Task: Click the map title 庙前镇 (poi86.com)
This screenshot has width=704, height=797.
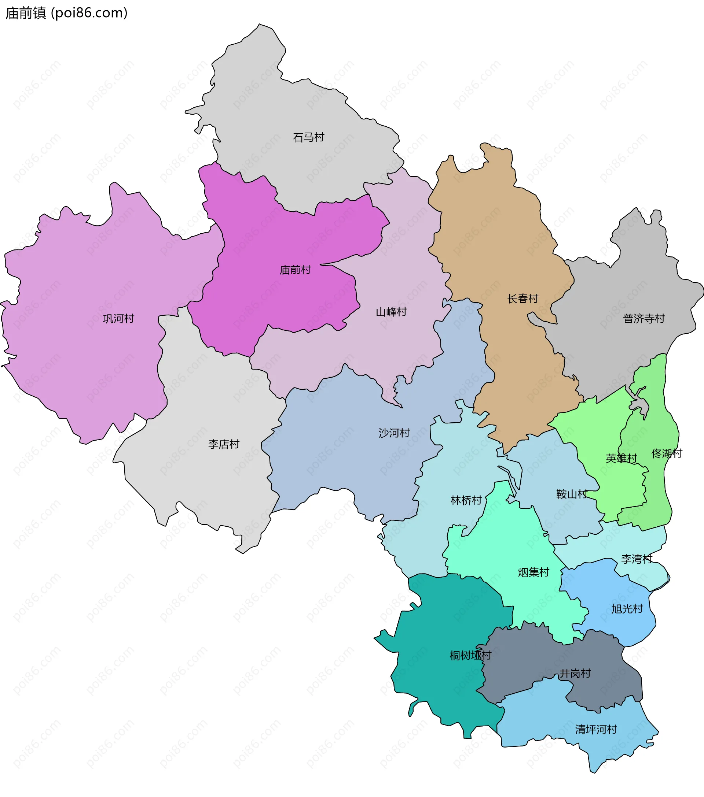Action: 66,13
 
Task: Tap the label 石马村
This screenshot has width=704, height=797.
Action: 308,137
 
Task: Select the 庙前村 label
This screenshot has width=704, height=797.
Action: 295,270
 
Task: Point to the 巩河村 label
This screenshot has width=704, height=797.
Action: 118,319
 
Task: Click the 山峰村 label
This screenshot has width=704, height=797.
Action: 391,312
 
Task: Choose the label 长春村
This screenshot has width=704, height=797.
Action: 522,299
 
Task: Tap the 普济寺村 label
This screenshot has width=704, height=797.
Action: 643,319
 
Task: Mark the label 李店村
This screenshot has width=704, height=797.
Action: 223,444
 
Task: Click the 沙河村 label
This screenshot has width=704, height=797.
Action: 394,433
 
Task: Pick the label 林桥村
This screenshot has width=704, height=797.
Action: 466,500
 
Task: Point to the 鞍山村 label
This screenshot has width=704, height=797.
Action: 572,494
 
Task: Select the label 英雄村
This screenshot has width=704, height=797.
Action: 621,458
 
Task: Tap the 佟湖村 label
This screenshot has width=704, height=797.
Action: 667,453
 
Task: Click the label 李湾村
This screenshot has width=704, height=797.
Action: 636,559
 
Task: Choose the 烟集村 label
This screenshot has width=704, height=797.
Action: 533,572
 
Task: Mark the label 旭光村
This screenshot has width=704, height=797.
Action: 627,609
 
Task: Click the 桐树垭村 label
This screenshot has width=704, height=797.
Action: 470,656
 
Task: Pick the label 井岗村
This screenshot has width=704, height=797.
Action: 575,674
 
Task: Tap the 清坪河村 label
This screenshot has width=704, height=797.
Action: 596,730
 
